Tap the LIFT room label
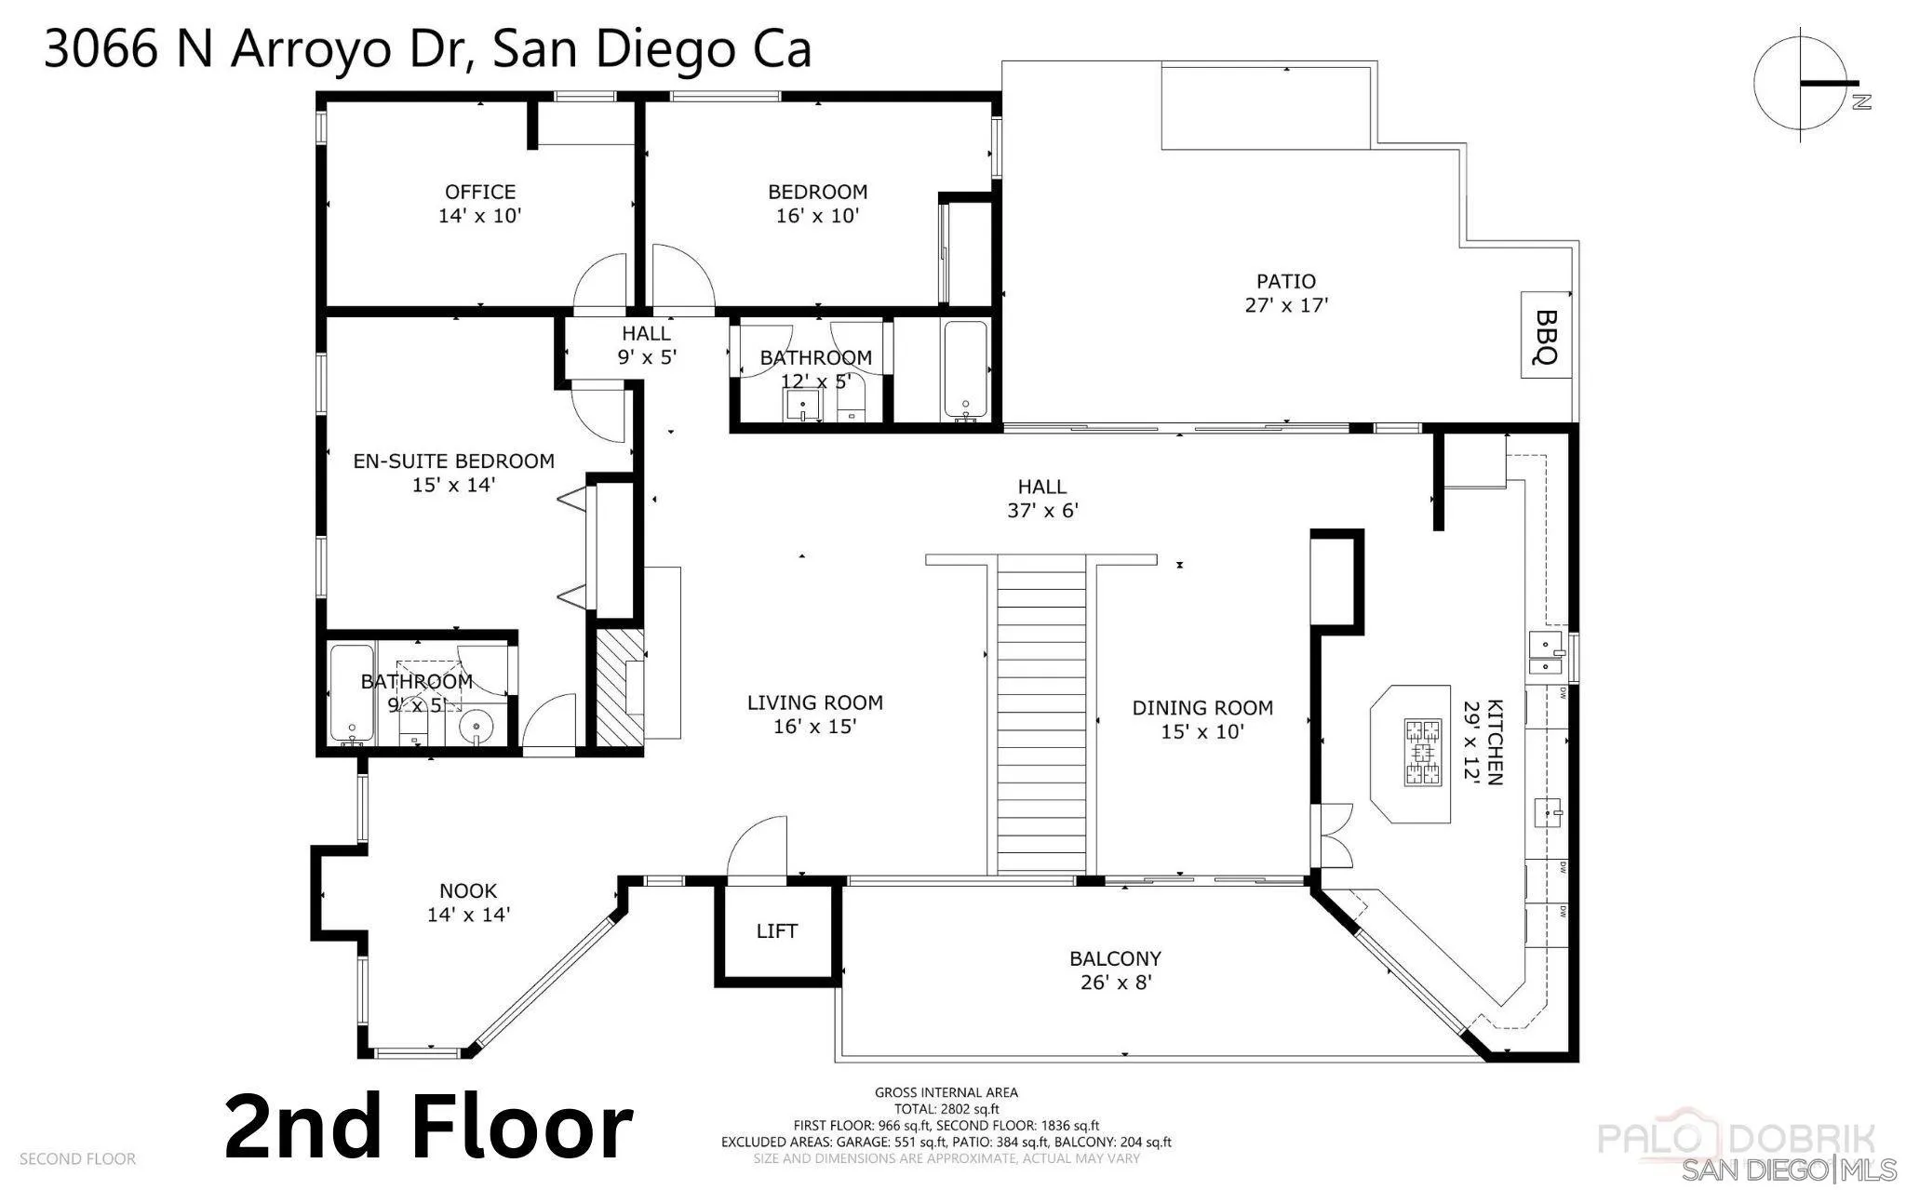tap(776, 931)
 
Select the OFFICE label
tap(480, 192)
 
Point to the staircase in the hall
tap(1041, 712)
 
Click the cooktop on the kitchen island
tap(1422, 754)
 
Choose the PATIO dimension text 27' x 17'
tap(1285, 305)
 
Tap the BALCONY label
tap(1115, 958)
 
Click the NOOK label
tap(468, 890)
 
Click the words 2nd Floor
tap(429, 1128)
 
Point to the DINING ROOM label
tap(1202, 708)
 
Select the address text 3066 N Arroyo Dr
tap(261, 49)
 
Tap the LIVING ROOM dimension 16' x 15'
tap(814, 727)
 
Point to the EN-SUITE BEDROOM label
tap(453, 461)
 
